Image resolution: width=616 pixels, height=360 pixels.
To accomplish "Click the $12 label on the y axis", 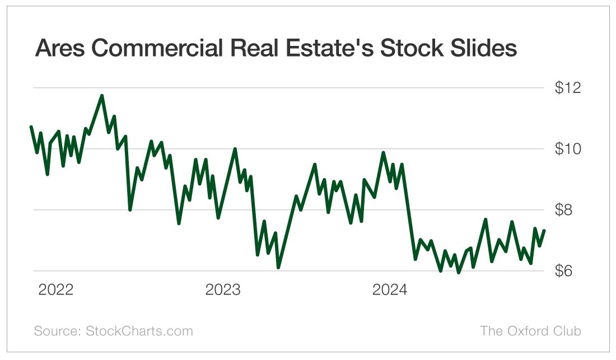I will (568, 88).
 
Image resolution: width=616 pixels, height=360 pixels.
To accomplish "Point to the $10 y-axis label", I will (568, 149).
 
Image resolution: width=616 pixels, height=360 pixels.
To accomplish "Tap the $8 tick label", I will (571, 211).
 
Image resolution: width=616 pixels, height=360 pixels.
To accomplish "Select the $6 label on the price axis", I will (571, 272).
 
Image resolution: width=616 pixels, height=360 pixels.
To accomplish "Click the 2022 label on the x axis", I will (55, 290).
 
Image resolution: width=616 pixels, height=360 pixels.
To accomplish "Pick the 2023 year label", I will (222, 290).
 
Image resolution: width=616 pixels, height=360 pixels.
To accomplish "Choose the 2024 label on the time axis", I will (390, 290).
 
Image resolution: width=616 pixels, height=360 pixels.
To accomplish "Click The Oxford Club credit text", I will (530, 331).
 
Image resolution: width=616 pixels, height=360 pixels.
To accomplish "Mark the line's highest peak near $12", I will (102, 96).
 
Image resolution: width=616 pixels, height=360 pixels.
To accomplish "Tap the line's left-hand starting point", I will (31, 127).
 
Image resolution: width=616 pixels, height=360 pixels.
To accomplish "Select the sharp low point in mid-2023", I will (278, 267).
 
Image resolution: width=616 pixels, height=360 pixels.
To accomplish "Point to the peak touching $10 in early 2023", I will (235, 149).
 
